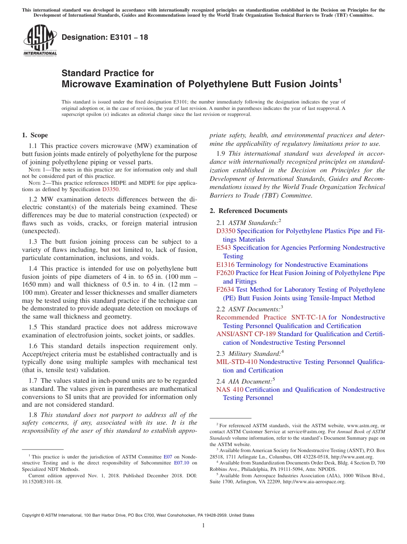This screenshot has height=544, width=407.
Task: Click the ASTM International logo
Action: (39, 41)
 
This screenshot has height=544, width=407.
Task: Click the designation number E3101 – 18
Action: (105, 37)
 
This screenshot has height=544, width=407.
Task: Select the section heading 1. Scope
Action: (35, 135)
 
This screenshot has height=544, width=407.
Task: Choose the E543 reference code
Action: (224, 248)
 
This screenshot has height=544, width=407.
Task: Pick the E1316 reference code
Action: (225, 265)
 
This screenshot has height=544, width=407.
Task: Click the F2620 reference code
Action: (225, 273)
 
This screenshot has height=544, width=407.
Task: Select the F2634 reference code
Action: (225, 290)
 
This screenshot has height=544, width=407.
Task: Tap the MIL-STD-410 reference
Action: (237, 362)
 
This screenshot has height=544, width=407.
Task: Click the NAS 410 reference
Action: (230, 390)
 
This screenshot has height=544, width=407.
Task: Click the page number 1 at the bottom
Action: (203, 526)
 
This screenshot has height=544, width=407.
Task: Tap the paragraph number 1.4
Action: (33, 269)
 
